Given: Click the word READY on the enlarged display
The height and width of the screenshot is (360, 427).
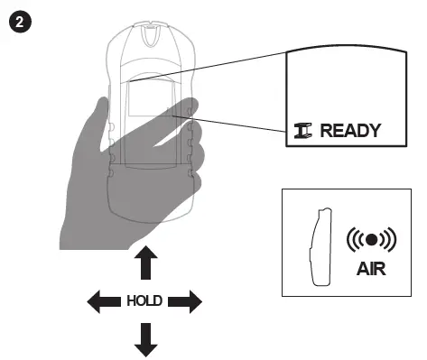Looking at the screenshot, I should [351, 130].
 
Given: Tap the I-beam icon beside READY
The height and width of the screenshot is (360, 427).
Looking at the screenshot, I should [304, 130].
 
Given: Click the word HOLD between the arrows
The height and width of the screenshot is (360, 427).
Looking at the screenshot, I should [144, 301].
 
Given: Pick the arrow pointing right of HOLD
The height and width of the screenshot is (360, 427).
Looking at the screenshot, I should [185, 300].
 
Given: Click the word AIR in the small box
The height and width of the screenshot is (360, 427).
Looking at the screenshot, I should [371, 269].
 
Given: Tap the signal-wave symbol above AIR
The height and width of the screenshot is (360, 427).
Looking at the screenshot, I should [371, 241].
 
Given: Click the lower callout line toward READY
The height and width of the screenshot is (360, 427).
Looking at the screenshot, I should [235, 124].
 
